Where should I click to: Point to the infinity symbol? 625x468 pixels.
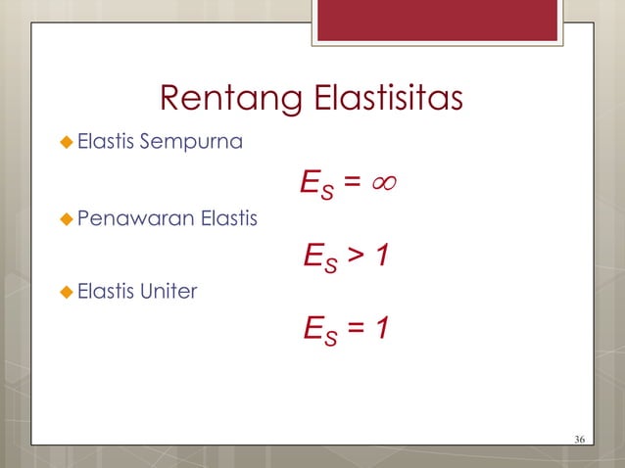click(x=389, y=182)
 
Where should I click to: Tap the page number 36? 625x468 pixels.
click(x=579, y=437)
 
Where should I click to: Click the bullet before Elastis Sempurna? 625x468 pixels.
click(x=66, y=145)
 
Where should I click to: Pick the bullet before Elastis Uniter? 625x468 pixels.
click(x=66, y=291)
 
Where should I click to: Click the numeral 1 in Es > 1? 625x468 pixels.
click(x=384, y=256)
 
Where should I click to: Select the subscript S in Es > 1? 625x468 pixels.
click(x=331, y=263)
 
